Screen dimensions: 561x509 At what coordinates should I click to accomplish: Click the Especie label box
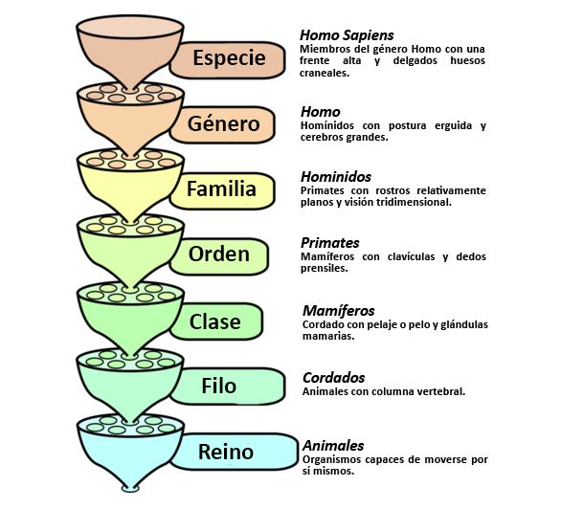tap(228, 59)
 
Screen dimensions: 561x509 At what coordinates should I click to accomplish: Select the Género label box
tap(222, 124)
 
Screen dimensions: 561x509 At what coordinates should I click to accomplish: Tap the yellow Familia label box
tap(222, 190)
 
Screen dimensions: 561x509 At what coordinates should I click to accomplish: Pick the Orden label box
tap(219, 255)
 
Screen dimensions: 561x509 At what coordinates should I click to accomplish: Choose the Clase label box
tap(216, 321)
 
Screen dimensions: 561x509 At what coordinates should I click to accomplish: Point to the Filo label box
tap(228, 387)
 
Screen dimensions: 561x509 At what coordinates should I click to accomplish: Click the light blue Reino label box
tap(234, 452)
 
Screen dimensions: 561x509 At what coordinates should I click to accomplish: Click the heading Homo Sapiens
tap(347, 35)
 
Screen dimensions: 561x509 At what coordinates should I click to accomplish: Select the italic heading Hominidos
tap(336, 177)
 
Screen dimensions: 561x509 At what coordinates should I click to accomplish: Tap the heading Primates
tap(330, 243)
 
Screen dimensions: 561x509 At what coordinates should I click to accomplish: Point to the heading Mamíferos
tap(339, 311)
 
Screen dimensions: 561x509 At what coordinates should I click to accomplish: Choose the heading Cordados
tap(333, 378)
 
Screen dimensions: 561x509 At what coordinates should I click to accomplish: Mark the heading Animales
tap(333, 446)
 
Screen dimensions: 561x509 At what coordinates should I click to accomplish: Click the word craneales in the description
tap(324, 73)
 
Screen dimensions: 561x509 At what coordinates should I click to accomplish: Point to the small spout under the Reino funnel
tap(130, 489)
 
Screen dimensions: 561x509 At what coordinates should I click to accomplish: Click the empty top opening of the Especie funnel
tap(130, 27)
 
